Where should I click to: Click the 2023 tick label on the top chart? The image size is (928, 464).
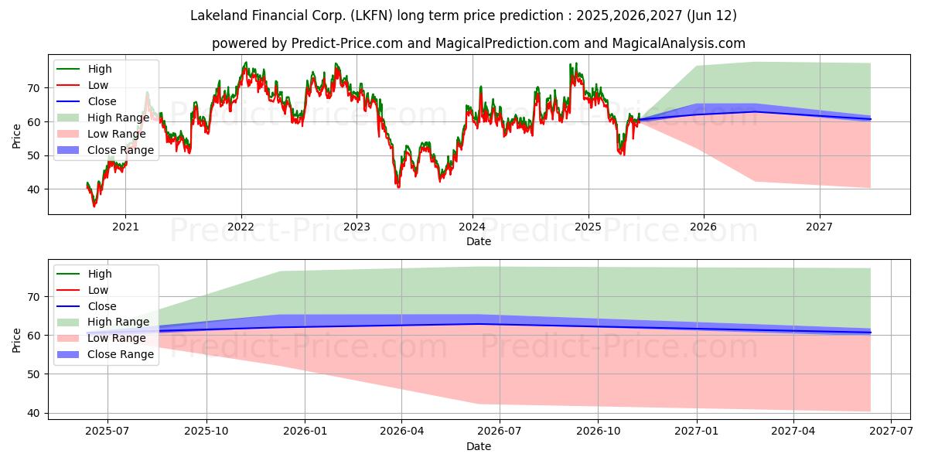click(x=357, y=227)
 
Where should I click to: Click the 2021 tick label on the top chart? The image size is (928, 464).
click(x=125, y=227)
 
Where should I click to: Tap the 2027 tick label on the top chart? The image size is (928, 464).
click(x=819, y=227)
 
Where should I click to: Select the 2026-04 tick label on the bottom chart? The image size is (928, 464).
click(x=403, y=432)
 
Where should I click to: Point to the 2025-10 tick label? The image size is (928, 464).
click(x=206, y=432)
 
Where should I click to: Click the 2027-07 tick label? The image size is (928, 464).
click(x=891, y=432)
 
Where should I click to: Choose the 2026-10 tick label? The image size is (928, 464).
click(x=599, y=432)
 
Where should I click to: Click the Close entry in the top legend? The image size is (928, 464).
click(x=102, y=101)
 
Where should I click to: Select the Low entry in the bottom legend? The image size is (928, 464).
click(x=98, y=290)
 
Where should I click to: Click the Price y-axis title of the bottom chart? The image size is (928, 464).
click(x=17, y=339)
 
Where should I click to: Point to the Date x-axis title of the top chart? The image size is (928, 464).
click(x=479, y=241)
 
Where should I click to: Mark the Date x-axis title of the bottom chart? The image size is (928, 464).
click(x=479, y=446)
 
